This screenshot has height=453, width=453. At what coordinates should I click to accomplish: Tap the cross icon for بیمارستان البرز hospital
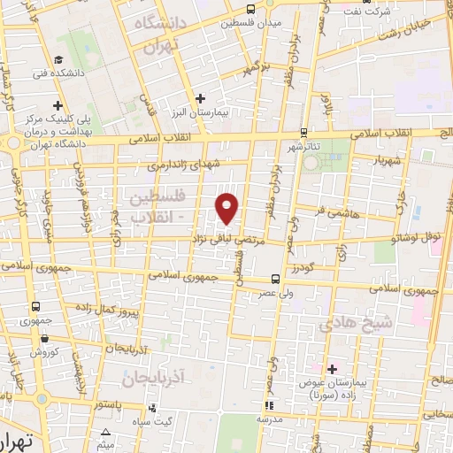coord(201,98)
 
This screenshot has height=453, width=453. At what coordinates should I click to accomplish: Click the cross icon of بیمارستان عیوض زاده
coord(333,368)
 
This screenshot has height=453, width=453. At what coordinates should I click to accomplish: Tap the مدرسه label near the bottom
coord(270,419)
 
